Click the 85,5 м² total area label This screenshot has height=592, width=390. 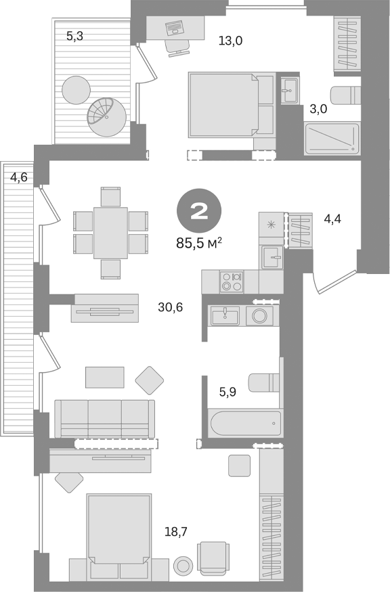pos(200,242)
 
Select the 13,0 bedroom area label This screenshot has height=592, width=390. pos(230,41)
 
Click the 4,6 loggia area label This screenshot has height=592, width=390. pos(19,178)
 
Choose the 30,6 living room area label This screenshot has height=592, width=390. pos(170,307)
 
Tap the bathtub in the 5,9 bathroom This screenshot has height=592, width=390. pos(244,424)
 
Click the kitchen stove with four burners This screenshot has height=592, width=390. pos(232,280)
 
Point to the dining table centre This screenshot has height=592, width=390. pos(110,232)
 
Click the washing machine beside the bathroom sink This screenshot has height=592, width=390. pos(259,315)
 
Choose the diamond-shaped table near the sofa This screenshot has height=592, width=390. pos(150,381)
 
